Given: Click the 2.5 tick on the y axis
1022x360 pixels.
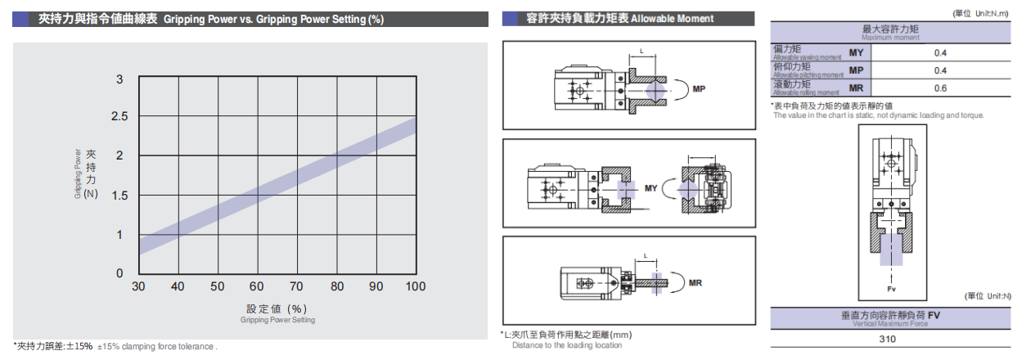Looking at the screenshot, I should (x=119, y=117).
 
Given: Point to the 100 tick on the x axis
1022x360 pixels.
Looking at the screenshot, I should (x=415, y=286).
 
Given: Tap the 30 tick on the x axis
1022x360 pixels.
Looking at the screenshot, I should (x=138, y=286).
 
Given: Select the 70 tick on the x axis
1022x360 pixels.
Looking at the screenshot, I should (x=296, y=286).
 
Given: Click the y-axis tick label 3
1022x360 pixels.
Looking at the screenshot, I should (x=119, y=79).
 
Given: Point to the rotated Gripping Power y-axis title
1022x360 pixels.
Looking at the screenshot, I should (x=79, y=173).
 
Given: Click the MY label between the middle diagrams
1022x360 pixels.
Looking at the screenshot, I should (x=651, y=188).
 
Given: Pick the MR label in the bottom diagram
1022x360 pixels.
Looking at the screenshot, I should (x=696, y=283).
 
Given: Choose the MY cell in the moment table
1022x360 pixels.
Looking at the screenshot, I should (x=856, y=52).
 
